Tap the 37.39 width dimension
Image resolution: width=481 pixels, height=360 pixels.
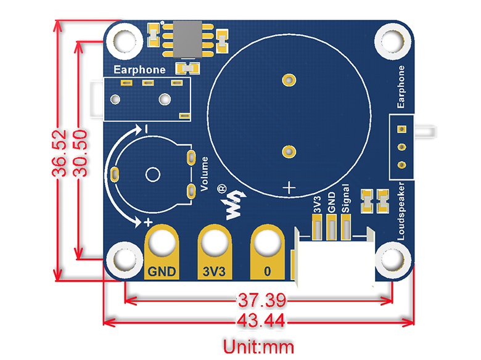pos(261,301)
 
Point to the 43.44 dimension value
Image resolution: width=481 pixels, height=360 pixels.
pos(261,321)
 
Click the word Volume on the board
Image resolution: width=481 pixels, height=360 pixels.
pos(204,175)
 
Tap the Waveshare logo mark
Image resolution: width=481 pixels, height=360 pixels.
pos(234,204)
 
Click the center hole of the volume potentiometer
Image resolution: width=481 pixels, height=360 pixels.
pos(152,174)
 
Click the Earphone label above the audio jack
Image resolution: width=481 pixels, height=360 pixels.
pos(139,69)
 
